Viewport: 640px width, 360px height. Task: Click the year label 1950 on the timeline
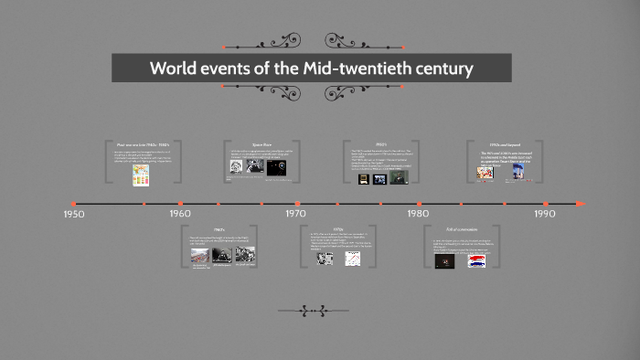74,214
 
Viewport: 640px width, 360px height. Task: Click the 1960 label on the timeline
180,214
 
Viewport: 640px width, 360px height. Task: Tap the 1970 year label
295,214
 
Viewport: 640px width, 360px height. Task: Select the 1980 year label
418,214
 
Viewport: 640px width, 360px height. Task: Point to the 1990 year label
545,214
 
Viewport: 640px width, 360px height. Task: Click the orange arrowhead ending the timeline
579,203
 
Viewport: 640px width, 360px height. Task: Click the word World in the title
174,69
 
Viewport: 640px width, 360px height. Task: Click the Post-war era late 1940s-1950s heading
144,144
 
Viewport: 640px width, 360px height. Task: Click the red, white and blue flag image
475,260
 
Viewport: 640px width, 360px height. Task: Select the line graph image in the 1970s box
352,259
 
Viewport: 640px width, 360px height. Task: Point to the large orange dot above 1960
180,204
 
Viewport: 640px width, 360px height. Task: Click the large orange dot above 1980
419,204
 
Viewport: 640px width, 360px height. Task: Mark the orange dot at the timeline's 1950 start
74,204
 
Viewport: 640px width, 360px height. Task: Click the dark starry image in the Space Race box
278,169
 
